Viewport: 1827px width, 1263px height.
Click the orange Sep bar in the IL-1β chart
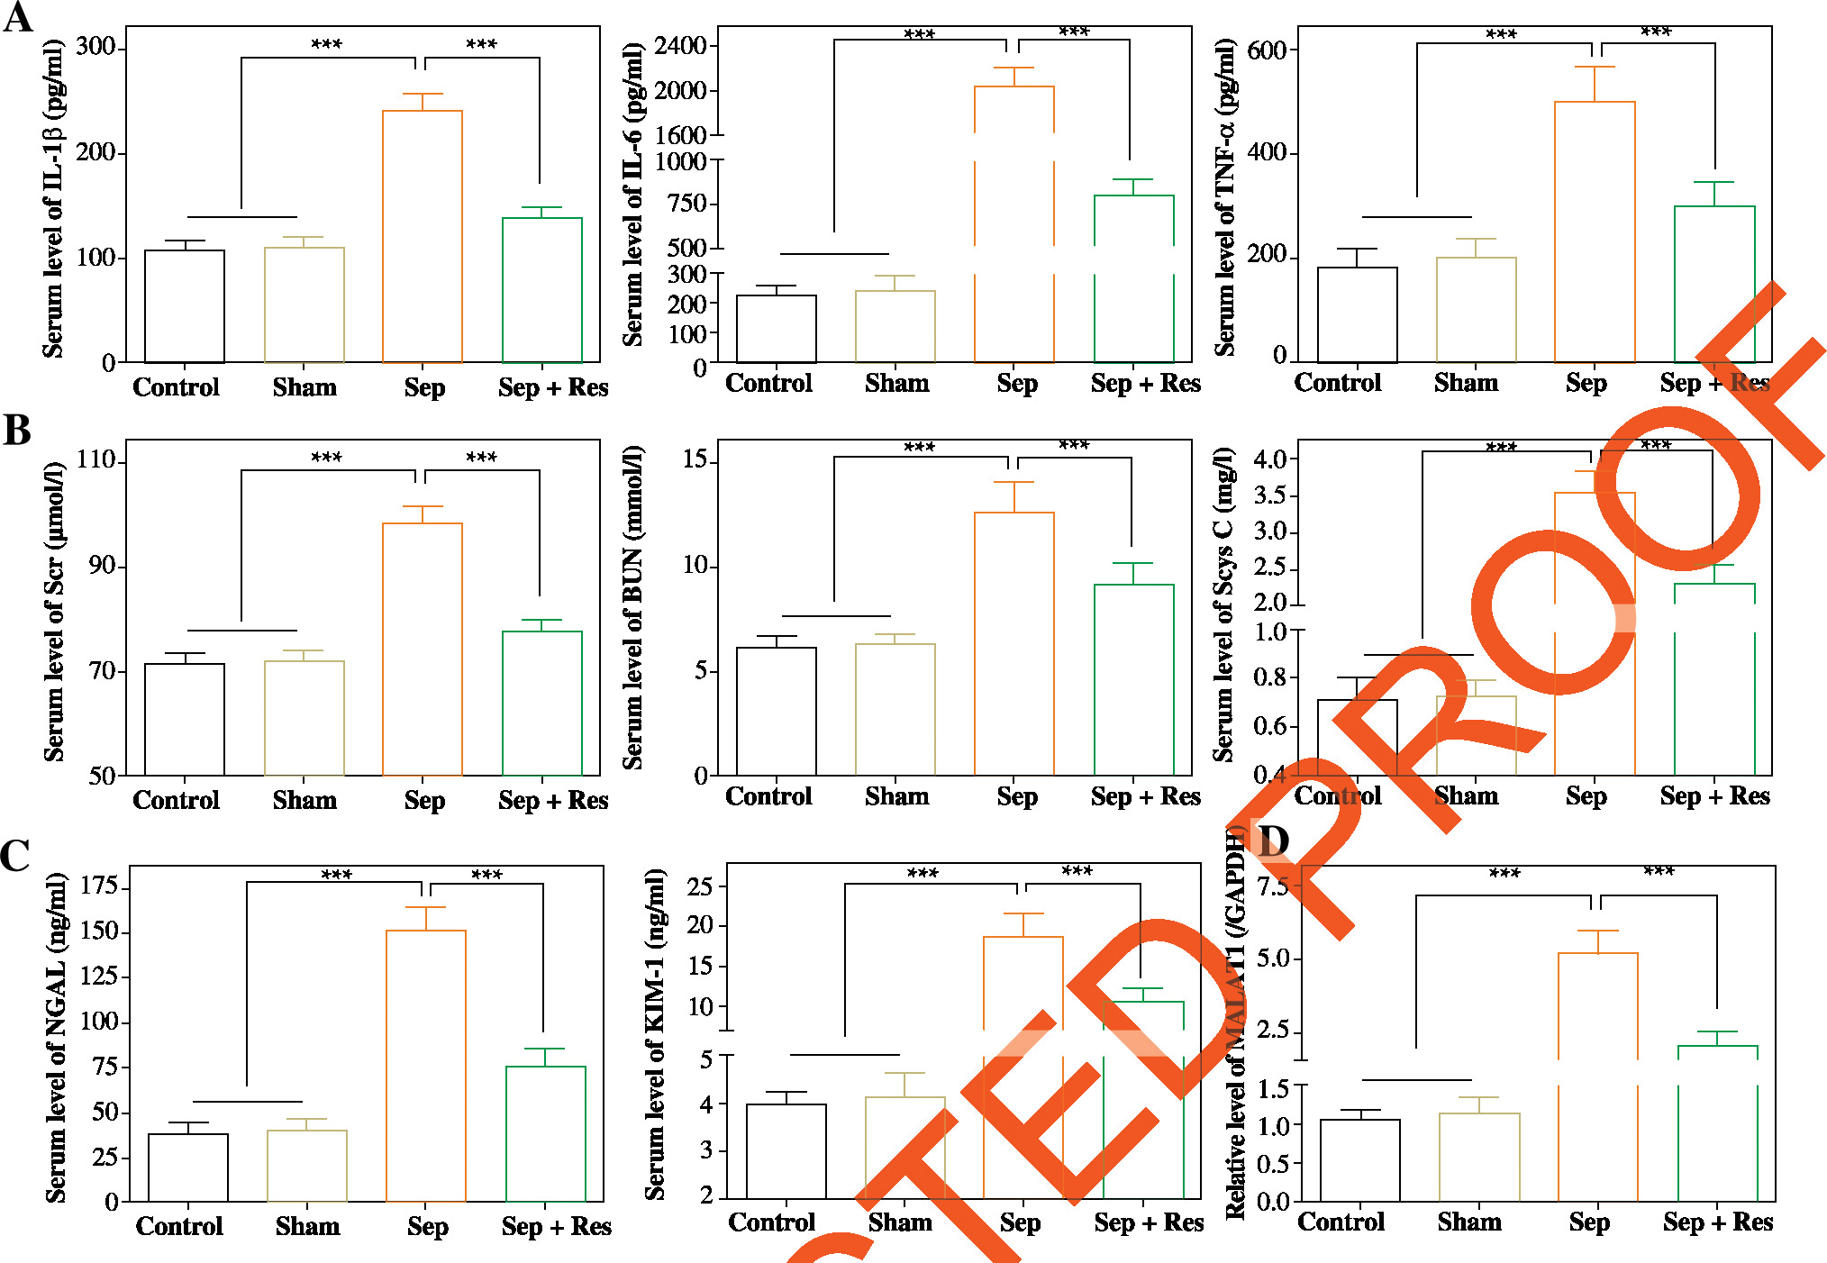(423, 236)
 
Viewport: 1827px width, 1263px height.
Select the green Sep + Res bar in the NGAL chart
(546, 1133)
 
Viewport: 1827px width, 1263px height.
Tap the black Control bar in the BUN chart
(776, 711)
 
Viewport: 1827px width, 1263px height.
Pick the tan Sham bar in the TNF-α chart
(1476, 309)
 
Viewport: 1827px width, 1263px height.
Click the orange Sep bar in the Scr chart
(423, 649)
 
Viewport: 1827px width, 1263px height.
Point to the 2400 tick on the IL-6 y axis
(681, 45)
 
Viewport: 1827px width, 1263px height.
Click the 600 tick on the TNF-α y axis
(1267, 50)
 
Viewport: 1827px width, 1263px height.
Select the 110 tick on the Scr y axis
(96, 460)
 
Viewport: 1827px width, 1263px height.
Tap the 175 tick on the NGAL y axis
(99, 886)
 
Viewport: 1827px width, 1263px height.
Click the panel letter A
(18, 18)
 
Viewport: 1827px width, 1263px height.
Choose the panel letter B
(17, 431)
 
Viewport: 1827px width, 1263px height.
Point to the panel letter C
(15, 856)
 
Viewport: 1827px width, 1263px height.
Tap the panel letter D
(1273, 842)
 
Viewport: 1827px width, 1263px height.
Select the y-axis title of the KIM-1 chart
(655, 1033)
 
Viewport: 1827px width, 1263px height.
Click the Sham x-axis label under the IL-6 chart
(896, 384)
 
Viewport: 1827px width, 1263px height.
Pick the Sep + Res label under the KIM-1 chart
(1149, 1222)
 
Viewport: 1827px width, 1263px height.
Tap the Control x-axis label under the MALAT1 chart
(1341, 1222)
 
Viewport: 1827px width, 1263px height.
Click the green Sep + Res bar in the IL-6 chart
(1133, 277)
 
